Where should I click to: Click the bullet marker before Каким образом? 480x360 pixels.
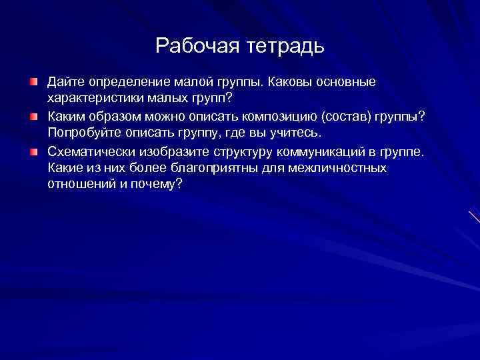click(33, 117)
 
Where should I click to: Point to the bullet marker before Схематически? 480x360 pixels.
click(33, 151)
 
